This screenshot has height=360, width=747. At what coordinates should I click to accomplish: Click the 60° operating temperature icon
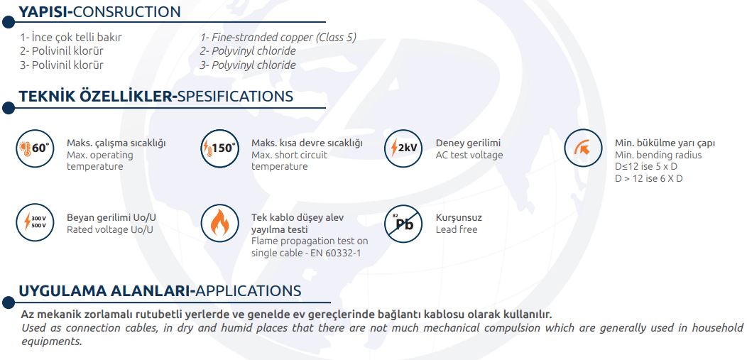pos(35,148)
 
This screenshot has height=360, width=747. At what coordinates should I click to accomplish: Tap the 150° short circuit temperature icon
pos(219,148)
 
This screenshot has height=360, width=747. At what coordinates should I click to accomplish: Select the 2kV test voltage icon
pos(403,148)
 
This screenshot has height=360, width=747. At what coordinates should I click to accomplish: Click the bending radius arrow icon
pos(583,148)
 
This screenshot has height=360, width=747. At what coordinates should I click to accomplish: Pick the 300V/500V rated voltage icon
pos(35,223)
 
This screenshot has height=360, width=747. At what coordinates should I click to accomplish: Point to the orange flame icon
pos(219,223)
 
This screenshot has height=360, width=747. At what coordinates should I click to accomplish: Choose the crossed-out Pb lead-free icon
pos(403,223)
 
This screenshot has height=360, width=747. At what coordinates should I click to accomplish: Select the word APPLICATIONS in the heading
pos(249,290)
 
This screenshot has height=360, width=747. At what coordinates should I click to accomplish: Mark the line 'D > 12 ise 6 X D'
pos(649,178)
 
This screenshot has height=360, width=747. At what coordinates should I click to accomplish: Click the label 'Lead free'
pos(457,229)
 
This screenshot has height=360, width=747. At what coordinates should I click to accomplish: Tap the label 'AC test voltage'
pos(469,155)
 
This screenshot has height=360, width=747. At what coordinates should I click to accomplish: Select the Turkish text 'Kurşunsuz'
pos(459,217)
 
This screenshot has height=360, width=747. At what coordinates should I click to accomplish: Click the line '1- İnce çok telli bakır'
pos(71,37)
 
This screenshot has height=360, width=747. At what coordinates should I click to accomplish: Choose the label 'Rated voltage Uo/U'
pos(111,229)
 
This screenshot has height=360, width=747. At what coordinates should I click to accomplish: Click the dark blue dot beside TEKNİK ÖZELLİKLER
pos(8,108)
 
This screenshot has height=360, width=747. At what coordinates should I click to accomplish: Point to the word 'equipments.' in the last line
pos(52,342)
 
